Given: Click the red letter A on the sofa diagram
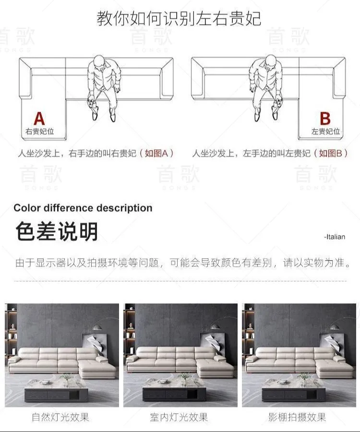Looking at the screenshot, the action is click(x=39, y=119).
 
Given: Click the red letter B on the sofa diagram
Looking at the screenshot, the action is click(x=325, y=119).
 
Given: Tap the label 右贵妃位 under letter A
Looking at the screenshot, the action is click(x=40, y=132).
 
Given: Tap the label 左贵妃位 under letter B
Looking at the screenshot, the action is click(x=325, y=132).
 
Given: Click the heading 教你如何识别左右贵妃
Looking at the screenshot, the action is click(x=179, y=18).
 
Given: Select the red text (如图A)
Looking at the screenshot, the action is click(x=156, y=153).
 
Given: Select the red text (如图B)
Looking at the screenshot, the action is click(x=331, y=153).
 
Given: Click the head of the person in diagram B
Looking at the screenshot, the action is click(x=271, y=61).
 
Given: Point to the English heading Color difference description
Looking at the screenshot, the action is click(x=83, y=208).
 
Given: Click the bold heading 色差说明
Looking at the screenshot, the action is click(x=57, y=231).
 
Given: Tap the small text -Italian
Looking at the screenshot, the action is click(x=335, y=237).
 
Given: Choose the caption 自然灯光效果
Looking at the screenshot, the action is click(x=60, y=417).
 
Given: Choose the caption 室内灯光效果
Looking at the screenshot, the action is click(x=179, y=417).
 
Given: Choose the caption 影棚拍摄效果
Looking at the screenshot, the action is click(x=298, y=417).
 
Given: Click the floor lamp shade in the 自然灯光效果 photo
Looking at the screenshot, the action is click(x=97, y=327).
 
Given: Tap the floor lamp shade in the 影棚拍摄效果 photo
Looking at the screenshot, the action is click(x=335, y=327).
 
